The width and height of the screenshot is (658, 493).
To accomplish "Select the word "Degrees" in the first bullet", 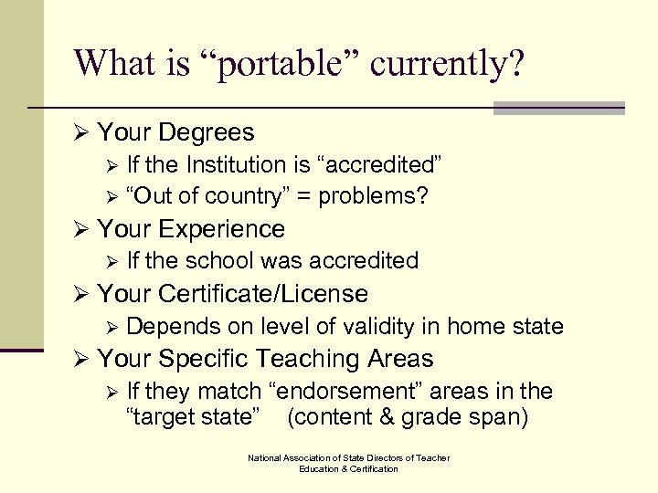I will pos(207,132).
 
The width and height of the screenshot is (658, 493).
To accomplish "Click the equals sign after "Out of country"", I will pos(306,196).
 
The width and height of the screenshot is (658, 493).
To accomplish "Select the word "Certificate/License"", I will pos(263,294).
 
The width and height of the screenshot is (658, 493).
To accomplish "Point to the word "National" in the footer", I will pos(266,457).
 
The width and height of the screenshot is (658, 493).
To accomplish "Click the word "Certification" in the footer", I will pos(369,468).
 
